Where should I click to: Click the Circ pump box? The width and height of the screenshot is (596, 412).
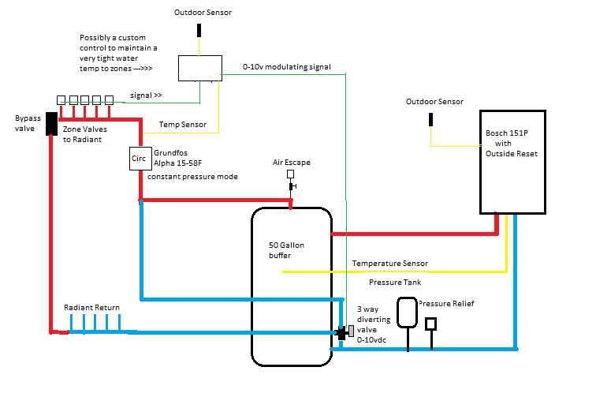tap(138, 158)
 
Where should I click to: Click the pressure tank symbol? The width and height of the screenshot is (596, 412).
tap(407, 311)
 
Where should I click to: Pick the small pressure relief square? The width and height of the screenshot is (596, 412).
tap(431, 324)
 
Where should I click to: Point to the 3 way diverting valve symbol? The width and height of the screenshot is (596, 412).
tap(345, 332)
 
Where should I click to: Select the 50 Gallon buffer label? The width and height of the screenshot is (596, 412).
tap(286, 250)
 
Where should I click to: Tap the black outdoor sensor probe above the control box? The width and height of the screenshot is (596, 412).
tap(199, 31)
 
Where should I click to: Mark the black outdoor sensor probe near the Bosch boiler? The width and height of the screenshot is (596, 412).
tap(430, 121)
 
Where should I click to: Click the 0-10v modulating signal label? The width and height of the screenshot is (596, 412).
tap(287, 67)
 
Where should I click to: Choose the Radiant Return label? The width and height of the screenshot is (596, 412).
tap(92, 307)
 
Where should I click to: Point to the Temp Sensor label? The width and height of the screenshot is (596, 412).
tap(183, 125)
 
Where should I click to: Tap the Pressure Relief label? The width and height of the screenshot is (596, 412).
tap(446, 303)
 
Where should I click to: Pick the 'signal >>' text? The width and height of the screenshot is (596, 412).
tap(146, 95)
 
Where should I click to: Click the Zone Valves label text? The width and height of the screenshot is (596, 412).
tap(85, 128)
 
